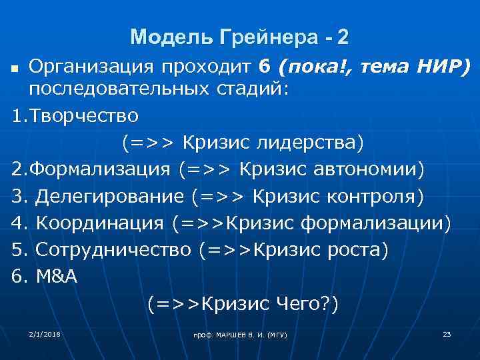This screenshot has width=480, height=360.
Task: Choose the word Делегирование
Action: point(109,196)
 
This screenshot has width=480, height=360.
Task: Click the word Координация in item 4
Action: point(99,223)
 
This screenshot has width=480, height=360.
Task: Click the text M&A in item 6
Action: point(57,277)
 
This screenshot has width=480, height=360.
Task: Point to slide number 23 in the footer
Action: point(447,333)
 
